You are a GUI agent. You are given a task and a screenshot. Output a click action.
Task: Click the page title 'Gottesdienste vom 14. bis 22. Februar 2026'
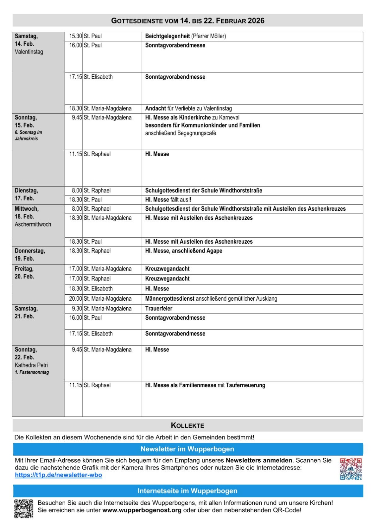click(188, 21)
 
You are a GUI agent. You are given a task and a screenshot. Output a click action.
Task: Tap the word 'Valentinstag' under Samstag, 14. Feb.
click(29, 52)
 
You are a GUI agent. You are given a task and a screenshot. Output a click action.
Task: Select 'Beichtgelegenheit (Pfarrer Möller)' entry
click(185, 36)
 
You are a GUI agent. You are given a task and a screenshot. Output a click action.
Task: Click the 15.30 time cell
click(75, 36)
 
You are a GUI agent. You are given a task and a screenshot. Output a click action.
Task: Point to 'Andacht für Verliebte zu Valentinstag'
click(188, 109)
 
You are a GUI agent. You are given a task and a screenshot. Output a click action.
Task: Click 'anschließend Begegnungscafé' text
click(180, 133)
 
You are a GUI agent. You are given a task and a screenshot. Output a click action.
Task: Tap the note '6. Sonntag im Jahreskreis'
click(28, 135)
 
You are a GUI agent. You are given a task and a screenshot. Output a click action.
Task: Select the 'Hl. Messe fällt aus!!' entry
click(168, 200)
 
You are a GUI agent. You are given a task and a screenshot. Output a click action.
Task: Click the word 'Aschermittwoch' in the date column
click(33, 224)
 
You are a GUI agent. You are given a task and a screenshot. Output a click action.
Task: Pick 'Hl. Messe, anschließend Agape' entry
click(183, 251)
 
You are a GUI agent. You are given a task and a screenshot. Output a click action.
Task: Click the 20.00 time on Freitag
click(75, 299)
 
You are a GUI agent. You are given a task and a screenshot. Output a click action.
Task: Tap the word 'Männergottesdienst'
click(169, 299)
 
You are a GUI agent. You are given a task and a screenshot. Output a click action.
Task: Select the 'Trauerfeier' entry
click(158, 309)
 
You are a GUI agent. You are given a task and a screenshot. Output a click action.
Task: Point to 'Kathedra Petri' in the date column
click(31, 365)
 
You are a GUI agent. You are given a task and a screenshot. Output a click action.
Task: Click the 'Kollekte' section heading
click(187, 425)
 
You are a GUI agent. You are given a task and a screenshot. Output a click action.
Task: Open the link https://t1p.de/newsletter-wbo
click(58, 475)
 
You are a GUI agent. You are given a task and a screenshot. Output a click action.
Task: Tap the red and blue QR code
click(350, 469)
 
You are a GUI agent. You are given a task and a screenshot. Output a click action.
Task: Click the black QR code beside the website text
click(24, 508)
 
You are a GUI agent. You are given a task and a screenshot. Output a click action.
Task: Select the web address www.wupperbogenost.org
click(142, 510)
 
